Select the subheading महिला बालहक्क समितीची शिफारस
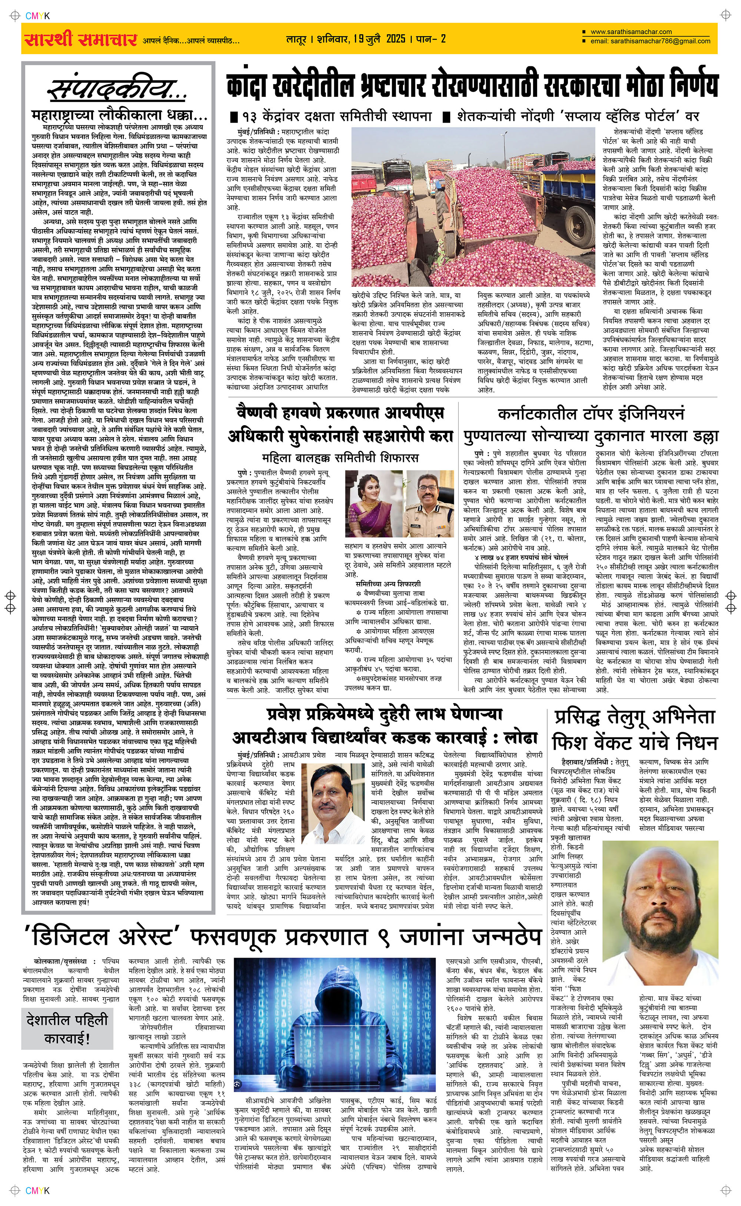[340, 458]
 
